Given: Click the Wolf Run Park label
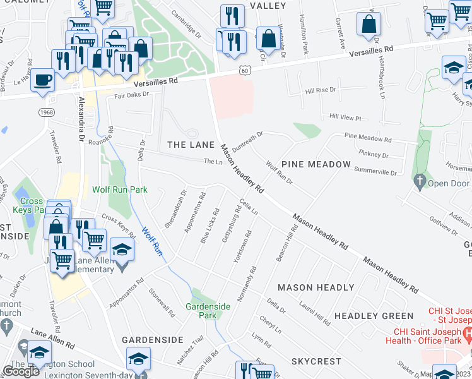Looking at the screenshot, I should [x=119, y=189].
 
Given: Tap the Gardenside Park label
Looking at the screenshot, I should [x=211, y=310].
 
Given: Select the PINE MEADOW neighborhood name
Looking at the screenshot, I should [x=316, y=164].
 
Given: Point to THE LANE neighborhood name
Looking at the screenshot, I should [x=191, y=145].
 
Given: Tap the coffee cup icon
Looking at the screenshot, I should [x=43, y=80].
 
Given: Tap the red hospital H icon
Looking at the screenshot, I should [x=467, y=332].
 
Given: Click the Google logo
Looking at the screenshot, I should [x=21, y=371].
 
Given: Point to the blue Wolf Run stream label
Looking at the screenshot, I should [x=152, y=241].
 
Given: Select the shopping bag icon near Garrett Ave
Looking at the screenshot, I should [x=369, y=25].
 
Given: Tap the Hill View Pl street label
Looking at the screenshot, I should [x=345, y=117].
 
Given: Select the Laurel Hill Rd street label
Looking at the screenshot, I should [x=315, y=313].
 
